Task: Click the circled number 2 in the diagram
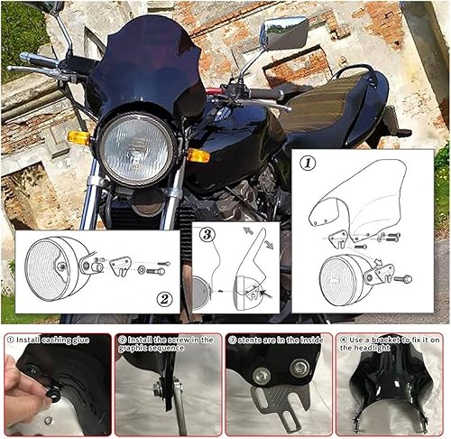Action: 163,300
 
